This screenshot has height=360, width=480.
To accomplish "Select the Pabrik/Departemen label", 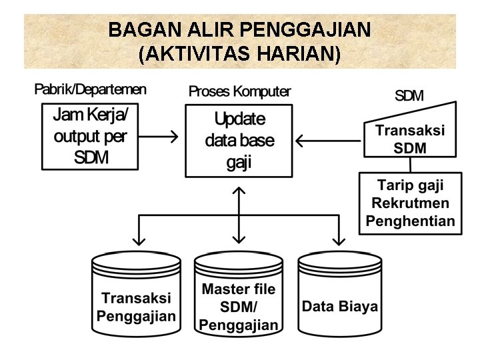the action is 90,89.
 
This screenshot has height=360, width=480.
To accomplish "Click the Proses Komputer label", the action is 239,91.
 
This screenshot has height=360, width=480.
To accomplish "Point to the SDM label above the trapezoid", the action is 409,96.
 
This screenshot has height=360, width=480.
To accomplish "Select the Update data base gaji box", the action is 239,141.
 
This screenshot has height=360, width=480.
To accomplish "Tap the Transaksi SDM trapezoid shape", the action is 410,139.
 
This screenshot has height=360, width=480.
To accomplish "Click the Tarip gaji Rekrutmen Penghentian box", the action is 410,203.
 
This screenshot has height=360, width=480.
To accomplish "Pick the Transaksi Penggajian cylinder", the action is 136,297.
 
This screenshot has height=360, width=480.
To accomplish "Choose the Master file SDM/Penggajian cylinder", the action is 239,297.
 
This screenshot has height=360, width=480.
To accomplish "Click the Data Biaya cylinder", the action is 340,297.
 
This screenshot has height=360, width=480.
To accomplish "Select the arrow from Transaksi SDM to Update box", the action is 329,141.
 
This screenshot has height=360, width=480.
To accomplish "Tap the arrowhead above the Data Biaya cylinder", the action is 339,239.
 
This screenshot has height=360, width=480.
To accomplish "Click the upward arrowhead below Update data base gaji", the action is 239,191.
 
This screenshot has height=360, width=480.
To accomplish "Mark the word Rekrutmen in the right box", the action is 410,203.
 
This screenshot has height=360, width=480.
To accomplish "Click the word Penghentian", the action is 410,221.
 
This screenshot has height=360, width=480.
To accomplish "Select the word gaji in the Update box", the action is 239,163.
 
